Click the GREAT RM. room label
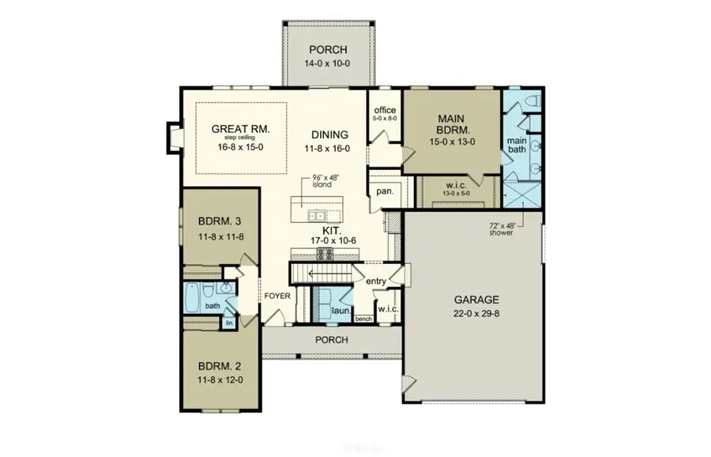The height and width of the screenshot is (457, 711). coord(241,128)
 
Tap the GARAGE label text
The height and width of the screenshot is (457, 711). coord(476,300)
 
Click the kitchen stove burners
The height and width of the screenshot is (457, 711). coord(324,253)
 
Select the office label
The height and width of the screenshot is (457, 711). coord(385,110)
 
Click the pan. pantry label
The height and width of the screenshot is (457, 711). coord(385,191)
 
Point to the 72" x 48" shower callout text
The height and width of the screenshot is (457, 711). coord(501,228)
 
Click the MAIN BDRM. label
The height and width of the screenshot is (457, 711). coord(453,124)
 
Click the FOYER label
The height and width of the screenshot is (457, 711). coord(277,296)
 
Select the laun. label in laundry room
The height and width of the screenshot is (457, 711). coord(341,312)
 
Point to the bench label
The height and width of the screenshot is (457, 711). coord(364,319)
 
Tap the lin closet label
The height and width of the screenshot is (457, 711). coord(229,323)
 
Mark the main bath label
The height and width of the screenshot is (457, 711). coord(517,145)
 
